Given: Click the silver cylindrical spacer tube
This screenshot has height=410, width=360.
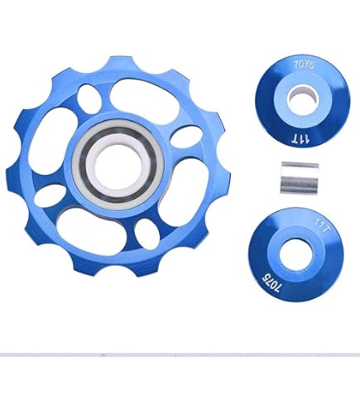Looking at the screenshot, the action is (300, 178).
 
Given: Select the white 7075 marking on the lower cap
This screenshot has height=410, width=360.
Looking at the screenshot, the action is (271, 283).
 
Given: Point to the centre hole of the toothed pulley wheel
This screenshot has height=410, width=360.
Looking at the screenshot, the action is (118, 165).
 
